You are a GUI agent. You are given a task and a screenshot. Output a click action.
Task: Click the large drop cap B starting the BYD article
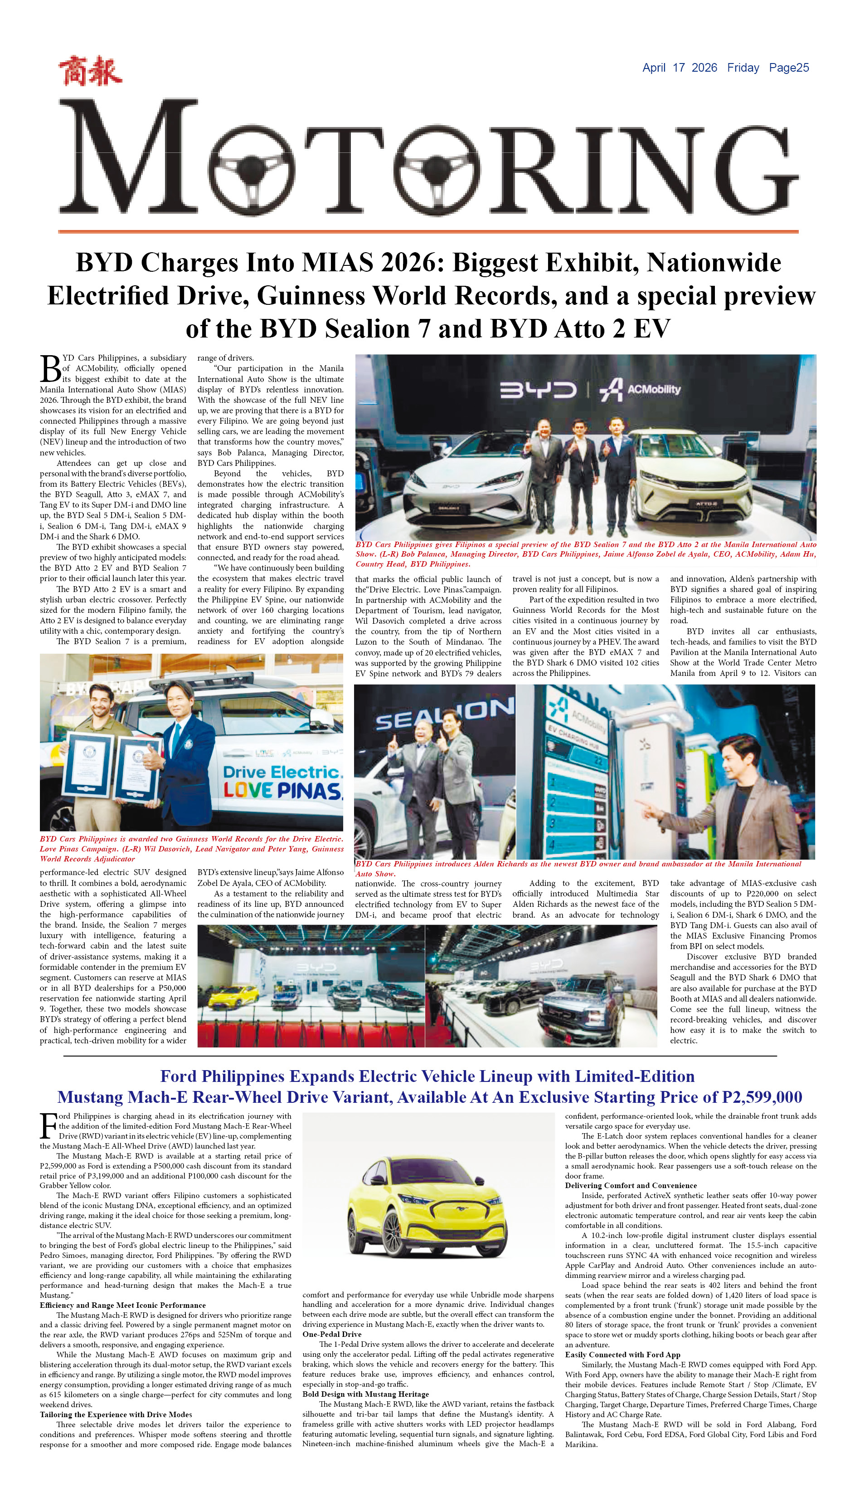[x=50, y=368]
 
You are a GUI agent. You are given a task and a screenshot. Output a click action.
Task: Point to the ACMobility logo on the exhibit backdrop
[x=641, y=390]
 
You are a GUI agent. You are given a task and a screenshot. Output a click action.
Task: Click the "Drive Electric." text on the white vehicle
[x=282, y=772]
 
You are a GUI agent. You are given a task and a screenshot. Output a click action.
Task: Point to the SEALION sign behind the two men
[x=444, y=714]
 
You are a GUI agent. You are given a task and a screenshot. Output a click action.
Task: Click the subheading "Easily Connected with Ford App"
[x=622, y=1355]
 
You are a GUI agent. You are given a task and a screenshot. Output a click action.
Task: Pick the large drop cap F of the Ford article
[x=48, y=1125]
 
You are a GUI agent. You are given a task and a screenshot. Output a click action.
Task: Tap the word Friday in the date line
[x=743, y=68]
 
